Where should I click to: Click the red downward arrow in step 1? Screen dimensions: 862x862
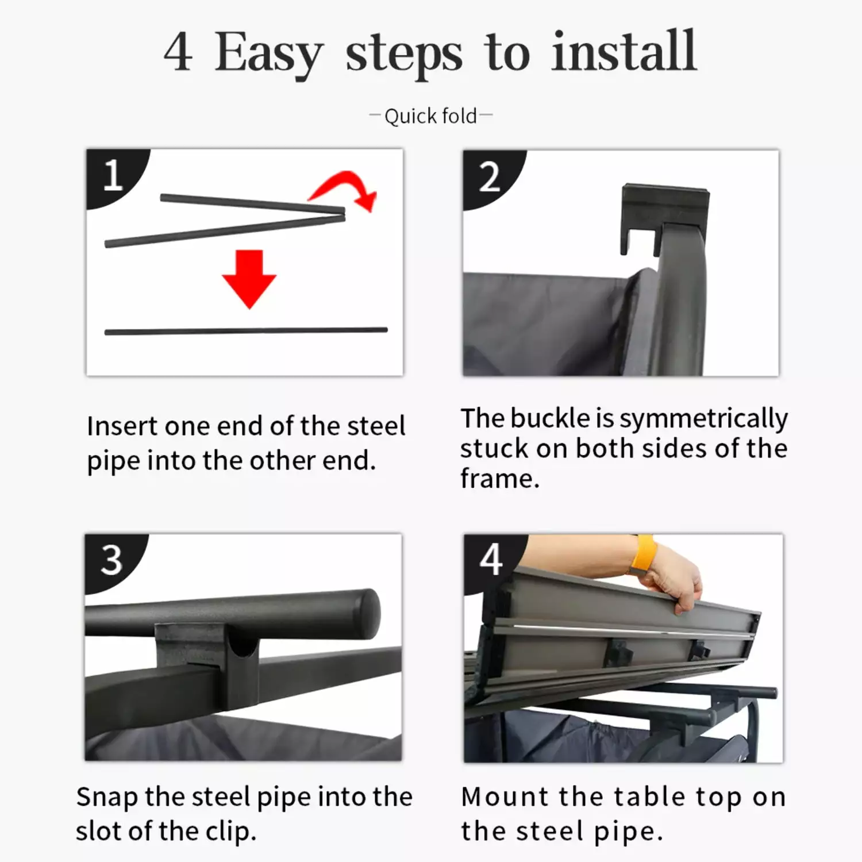pyautogui.click(x=249, y=279)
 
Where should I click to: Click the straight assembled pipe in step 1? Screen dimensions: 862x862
pyautogui.click(x=246, y=331)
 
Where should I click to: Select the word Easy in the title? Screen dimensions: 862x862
pyautogui.click(x=269, y=53)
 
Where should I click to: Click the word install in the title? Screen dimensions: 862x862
pyautogui.click(x=624, y=51)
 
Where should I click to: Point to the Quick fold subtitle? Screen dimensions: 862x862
pyautogui.click(x=430, y=116)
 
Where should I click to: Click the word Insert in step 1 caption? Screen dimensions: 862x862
pyautogui.click(x=122, y=426)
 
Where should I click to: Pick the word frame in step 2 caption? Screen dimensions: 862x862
pyautogui.click(x=500, y=478)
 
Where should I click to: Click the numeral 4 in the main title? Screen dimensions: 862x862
pyautogui.click(x=178, y=51)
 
